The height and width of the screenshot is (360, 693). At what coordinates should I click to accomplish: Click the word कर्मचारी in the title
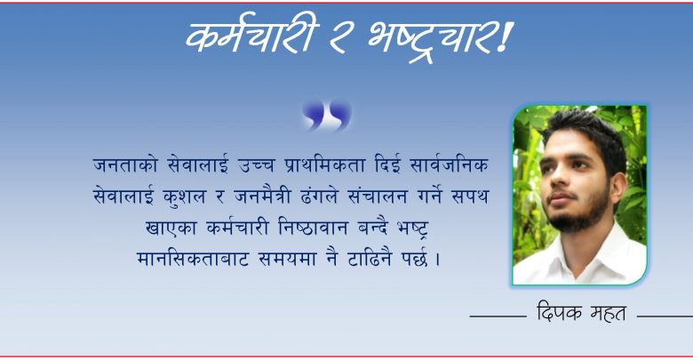click(x=252, y=36)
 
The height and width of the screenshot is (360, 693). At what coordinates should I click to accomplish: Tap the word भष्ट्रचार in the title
click(x=428, y=40)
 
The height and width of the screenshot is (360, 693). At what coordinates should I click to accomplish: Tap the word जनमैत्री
click(x=262, y=196)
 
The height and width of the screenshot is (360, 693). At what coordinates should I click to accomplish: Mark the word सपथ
click(x=469, y=196)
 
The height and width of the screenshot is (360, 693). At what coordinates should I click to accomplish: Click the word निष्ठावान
click(x=314, y=228)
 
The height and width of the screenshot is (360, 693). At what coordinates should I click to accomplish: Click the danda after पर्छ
click(x=437, y=260)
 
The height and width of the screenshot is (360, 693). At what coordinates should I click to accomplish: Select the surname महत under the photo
click(x=609, y=313)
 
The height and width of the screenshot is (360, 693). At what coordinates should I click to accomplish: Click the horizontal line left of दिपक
click(x=498, y=316)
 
